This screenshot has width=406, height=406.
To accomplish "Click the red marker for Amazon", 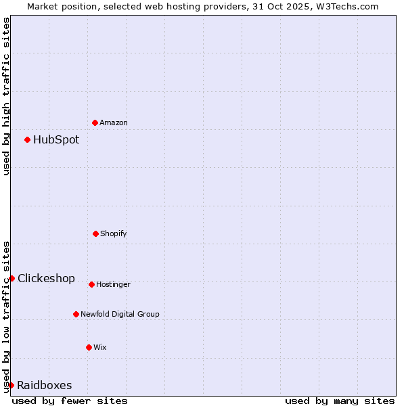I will (x=95, y=122).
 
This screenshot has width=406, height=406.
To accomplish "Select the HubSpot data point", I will (x=27, y=139).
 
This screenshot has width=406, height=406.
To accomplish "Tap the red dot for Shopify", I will (x=95, y=233).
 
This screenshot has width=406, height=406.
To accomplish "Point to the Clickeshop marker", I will (x=12, y=278).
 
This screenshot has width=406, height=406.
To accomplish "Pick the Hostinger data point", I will (x=91, y=284).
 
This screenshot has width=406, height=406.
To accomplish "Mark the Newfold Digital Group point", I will (x=76, y=314).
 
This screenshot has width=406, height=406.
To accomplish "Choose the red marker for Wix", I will (x=89, y=347).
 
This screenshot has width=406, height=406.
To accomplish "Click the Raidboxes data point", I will (x=11, y=385).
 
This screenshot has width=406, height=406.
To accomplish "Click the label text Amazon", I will (x=114, y=122).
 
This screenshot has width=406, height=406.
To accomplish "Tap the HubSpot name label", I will (x=56, y=140).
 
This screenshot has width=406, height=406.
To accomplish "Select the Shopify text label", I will (x=114, y=233).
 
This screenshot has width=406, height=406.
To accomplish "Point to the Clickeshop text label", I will (x=46, y=278).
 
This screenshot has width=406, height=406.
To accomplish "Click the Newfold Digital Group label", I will (x=120, y=314).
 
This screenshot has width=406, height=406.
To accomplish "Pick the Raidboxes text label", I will (x=44, y=386).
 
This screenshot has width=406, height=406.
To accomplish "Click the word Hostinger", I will (x=113, y=284).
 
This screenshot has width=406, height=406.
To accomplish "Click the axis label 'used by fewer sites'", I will (x=70, y=401).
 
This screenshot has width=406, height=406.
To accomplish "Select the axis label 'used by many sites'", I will (x=340, y=401).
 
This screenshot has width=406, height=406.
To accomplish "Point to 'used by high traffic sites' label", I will (x=7, y=96).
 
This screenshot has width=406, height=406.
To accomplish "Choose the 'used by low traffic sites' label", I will (x=7, y=317).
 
